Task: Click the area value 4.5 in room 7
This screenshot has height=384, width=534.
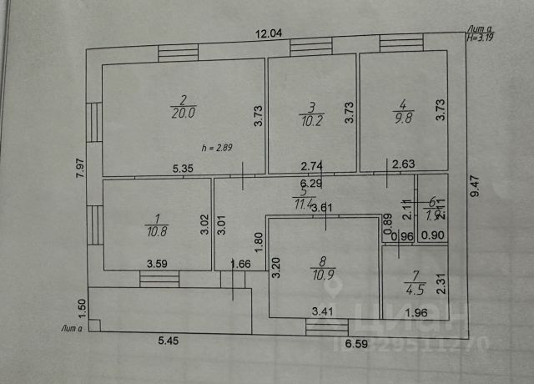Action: click(412, 291)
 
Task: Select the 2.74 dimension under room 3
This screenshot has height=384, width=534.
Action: click(311, 167)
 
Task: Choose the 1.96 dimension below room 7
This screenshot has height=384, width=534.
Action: click(416, 314)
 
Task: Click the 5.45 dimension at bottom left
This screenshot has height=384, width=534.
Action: click(172, 341)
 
